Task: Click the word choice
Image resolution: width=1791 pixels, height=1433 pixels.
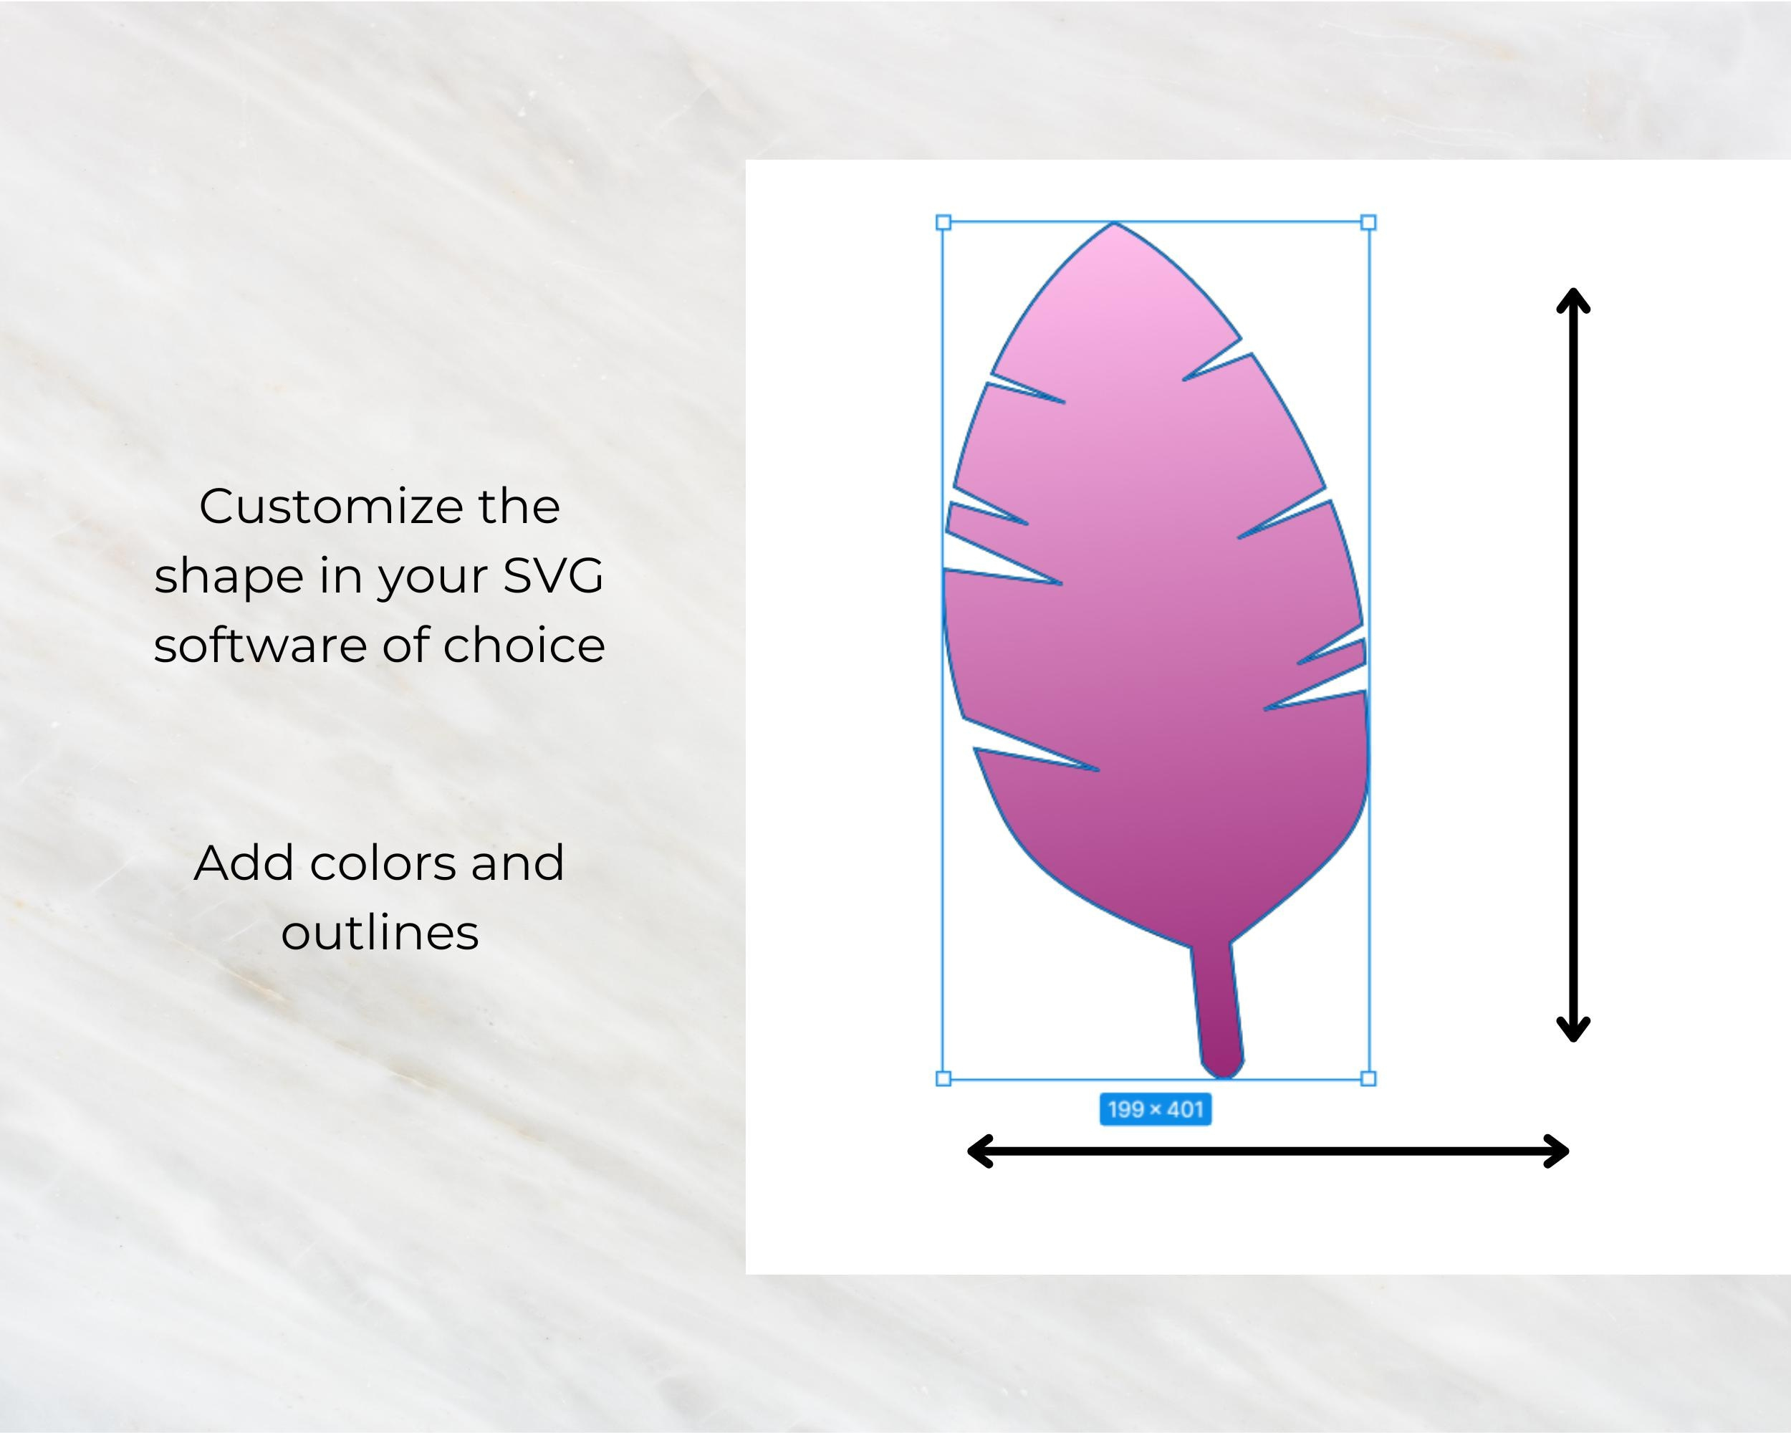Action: coord(524,646)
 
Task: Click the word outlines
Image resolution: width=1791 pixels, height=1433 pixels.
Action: coord(380,933)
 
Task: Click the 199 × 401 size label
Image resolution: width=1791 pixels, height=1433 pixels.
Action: coord(1155,1109)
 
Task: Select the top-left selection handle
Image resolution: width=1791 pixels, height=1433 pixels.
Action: coord(943,223)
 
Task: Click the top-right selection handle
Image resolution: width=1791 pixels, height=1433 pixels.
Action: coord(1368,223)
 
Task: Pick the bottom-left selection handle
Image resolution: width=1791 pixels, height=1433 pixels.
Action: coord(943,1078)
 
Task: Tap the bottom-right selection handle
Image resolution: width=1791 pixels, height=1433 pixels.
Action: coord(1368,1078)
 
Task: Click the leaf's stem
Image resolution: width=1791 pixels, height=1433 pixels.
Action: coord(1218,1010)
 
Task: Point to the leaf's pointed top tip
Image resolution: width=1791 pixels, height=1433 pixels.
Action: coord(1114,226)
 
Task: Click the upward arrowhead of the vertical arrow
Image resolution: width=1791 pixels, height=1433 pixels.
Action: coord(1572,299)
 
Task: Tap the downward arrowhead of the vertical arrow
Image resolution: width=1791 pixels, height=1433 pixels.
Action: coord(1572,1030)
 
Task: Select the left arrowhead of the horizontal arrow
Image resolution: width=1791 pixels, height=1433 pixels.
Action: coord(979,1151)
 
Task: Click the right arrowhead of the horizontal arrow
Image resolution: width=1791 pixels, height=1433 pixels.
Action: coord(1557,1151)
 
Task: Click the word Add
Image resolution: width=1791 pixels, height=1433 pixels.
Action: coord(244,863)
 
